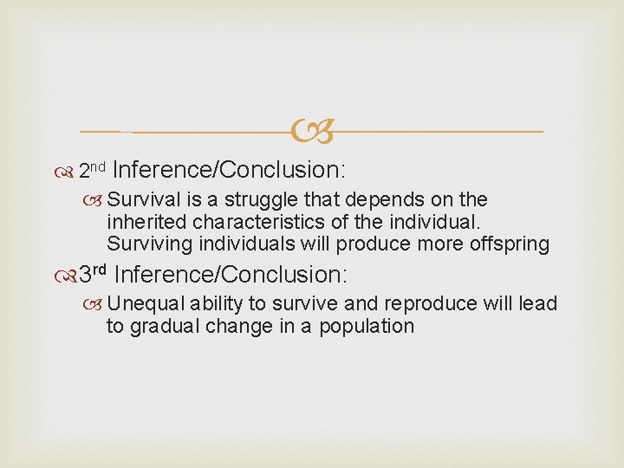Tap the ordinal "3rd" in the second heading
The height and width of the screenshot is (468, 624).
point(92,276)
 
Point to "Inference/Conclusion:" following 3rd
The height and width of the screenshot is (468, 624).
point(231,276)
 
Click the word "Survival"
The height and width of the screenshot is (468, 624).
point(141,200)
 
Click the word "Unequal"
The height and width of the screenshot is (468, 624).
point(140,304)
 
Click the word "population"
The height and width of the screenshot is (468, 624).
point(367,327)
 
